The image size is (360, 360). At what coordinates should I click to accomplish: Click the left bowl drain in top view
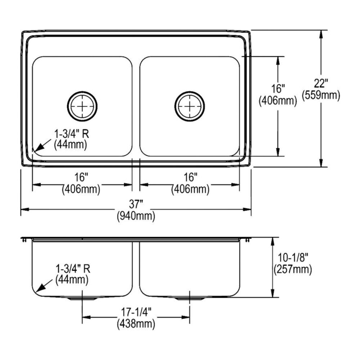pyautogui.click(x=82, y=106)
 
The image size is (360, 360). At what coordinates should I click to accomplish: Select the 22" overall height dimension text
pyautogui.click(x=321, y=84)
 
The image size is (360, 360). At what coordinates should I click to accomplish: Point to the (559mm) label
pyautogui.click(x=321, y=95)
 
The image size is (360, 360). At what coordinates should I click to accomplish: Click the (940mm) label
pyautogui.click(x=136, y=217)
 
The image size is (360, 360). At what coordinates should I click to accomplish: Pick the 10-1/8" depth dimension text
pyautogui.click(x=293, y=257)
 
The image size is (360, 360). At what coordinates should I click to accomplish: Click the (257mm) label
pyautogui.click(x=293, y=269)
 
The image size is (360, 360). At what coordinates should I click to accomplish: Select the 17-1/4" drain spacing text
pyautogui.click(x=136, y=311)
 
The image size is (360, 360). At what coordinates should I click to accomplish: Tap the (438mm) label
pyautogui.click(x=136, y=323)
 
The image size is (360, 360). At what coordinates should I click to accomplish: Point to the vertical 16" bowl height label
pyautogui.click(x=278, y=89)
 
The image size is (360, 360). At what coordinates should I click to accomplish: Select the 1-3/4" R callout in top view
pyautogui.click(x=71, y=134)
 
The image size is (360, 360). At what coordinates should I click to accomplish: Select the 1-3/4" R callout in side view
pyautogui.click(x=72, y=268)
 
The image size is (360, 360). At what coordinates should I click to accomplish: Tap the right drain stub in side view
pyautogui.click(x=190, y=298)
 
